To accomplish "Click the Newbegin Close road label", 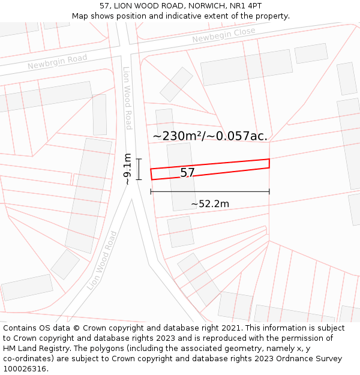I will pos(223,35).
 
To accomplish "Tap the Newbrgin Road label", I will pos(57,61).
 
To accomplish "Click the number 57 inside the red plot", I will pos(187,173).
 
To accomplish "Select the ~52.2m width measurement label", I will pos(210,204).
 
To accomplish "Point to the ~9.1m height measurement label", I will pos(127,169).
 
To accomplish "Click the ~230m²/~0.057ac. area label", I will pos(210,136).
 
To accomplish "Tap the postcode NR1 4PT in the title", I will pos(245,5).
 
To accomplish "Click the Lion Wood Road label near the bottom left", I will pos(102,261).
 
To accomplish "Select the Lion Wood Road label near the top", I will pos(127,98).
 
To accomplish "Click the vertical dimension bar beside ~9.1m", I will pos(139,169).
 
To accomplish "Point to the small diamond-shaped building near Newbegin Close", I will pos(176,84).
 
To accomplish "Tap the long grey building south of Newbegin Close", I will pos(246,67).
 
